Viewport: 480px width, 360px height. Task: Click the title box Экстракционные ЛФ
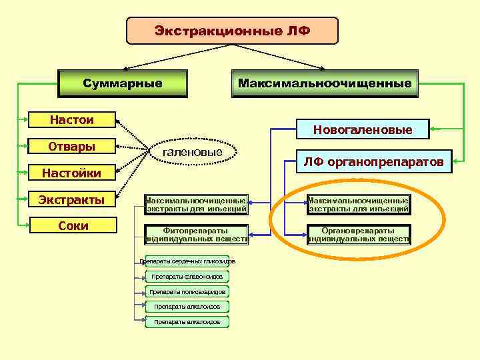click(x=232, y=31)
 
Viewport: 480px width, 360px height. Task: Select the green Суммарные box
click(x=123, y=83)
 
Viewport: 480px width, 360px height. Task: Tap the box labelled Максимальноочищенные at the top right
click(x=325, y=83)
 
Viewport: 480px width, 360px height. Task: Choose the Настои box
click(x=72, y=120)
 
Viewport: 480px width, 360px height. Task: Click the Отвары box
click(x=72, y=147)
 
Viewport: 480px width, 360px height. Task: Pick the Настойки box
click(x=72, y=173)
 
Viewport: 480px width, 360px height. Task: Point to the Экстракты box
click(x=72, y=199)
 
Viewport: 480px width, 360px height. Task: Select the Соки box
click(x=72, y=225)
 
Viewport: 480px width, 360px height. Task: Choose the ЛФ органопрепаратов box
click(x=373, y=161)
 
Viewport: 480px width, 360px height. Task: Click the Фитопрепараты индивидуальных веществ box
click(x=197, y=235)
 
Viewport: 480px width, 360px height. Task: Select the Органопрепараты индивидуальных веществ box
click(x=359, y=235)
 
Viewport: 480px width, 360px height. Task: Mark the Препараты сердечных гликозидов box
click(x=187, y=261)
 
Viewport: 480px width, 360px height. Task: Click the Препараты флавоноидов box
click(x=187, y=277)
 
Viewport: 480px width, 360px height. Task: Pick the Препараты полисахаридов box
click(x=187, y=292)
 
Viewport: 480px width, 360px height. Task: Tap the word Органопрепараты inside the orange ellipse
click(x=359, y=231)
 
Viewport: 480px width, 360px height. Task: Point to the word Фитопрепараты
click(x=197, y=231)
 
